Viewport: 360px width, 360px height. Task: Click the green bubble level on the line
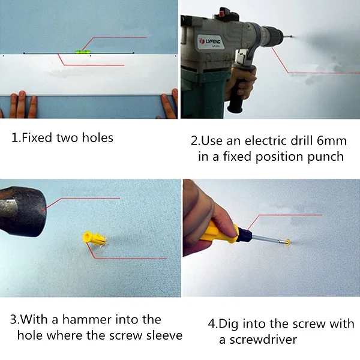pos(82,52)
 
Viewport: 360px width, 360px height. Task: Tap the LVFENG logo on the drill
pos(210,41)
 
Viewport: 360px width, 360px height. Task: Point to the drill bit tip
pos(292,35)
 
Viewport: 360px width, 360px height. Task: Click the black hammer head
pos(22,211)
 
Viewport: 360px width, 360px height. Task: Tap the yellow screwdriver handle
pos(218,232)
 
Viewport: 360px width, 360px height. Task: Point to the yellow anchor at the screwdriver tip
pos(287,242)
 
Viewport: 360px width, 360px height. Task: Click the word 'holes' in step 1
pos(98,138)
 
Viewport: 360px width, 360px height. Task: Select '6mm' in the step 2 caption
pos(332,141)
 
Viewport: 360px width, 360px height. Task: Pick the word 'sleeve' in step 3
pos(164,335)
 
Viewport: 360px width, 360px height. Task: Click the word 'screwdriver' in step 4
pos(263,340)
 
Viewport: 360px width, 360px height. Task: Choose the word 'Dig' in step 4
pos(228,325)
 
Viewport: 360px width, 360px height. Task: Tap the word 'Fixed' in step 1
pos(37,137)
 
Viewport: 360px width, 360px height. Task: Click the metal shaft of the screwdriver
pos(267,239)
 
